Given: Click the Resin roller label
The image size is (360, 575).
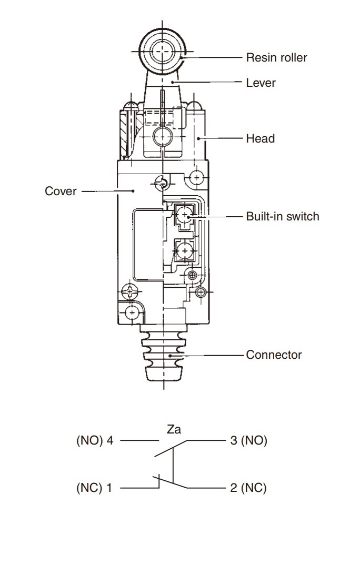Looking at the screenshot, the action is [x=276, y=57].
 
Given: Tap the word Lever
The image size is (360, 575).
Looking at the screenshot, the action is [x=261, y=83].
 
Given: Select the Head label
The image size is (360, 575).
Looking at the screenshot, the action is [x=260, y=138].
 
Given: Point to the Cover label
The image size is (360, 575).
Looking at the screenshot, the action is [x=61, y=191].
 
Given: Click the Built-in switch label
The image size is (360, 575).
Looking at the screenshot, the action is [x=283, y=216].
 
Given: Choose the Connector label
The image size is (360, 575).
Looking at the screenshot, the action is [x=274, y=355].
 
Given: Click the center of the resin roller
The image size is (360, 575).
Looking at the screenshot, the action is [x=162, y=52].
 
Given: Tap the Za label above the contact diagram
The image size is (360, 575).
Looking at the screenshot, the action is [x=174, y=429].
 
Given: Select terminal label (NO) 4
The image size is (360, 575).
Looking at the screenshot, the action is [x=95, y=440].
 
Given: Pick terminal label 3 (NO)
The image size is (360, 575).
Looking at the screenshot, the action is [x=248, y=440].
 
